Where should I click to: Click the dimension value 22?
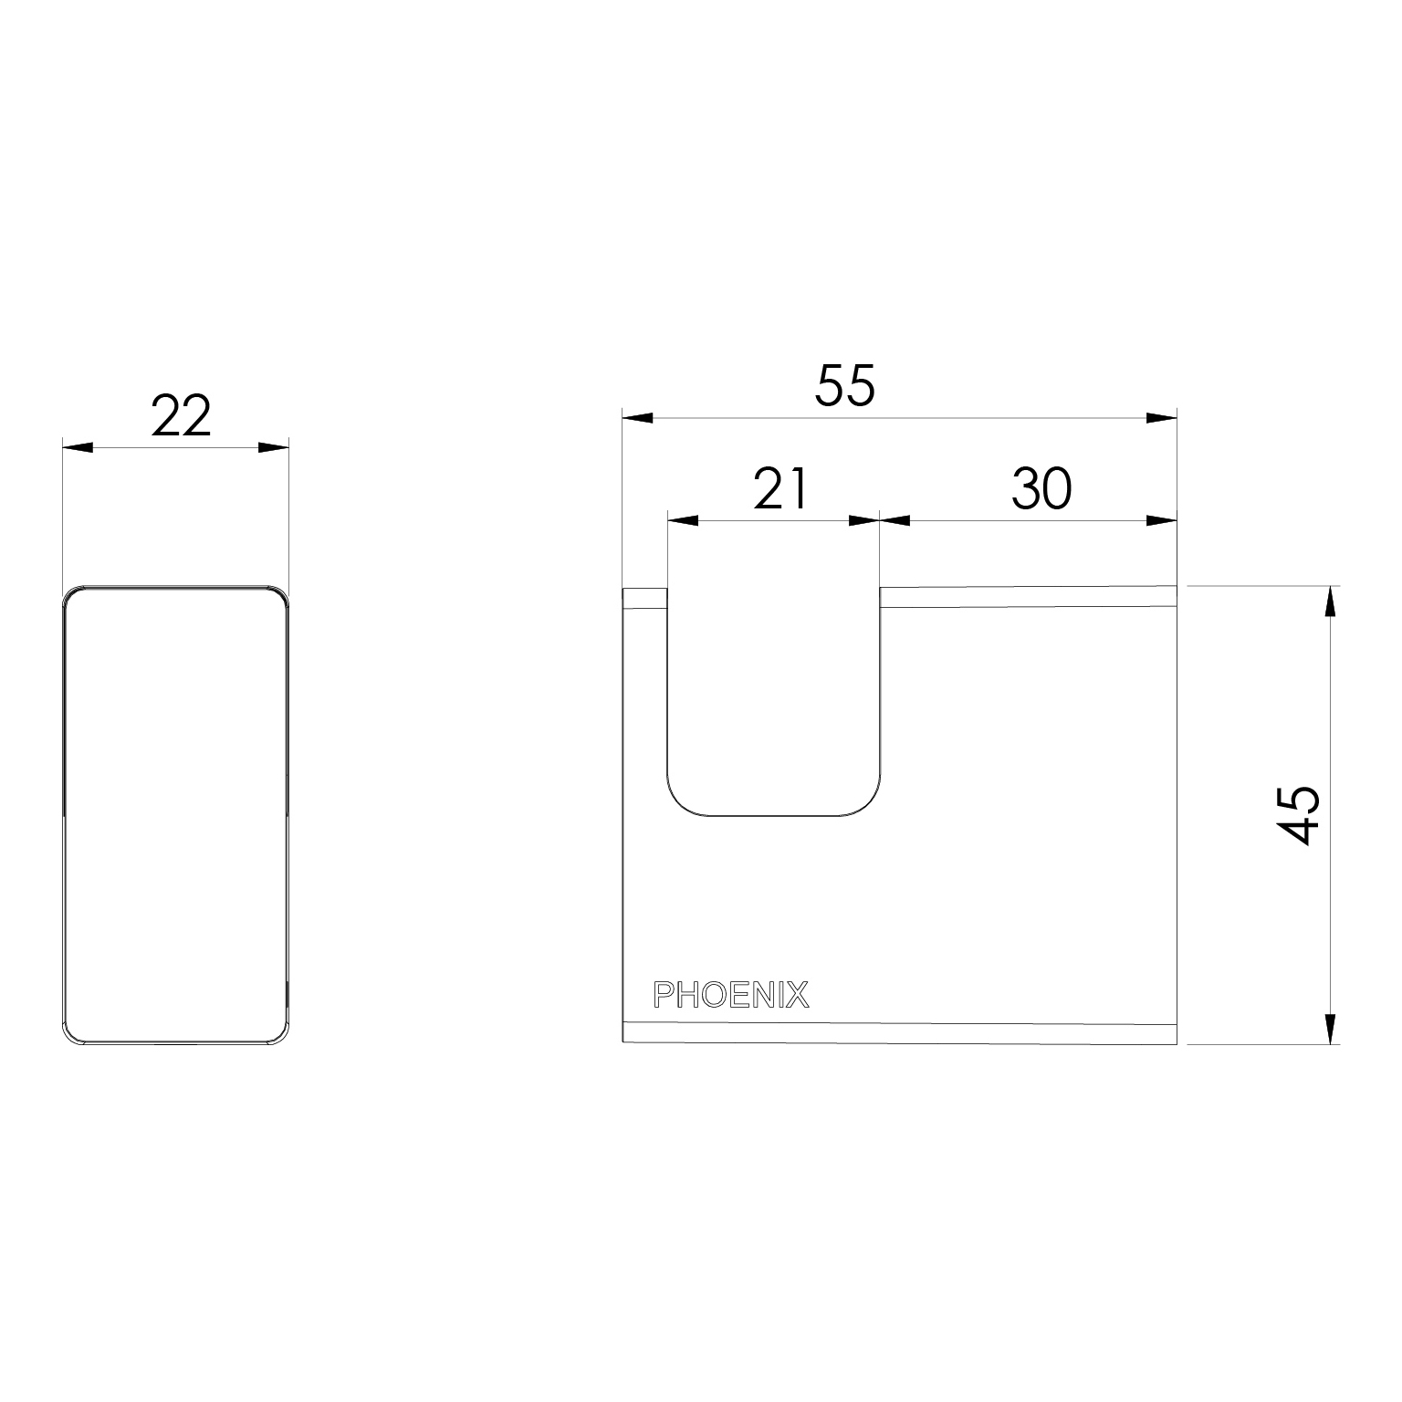point(181,417)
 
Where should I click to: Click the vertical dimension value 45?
point(1298,814)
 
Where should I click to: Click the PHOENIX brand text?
point(731,995)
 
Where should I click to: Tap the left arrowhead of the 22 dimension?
point(78,447)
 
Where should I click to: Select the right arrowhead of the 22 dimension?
point(273,447)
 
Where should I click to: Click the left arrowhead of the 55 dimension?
point(637,418)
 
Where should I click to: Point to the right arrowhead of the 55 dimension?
point(1161,418)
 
